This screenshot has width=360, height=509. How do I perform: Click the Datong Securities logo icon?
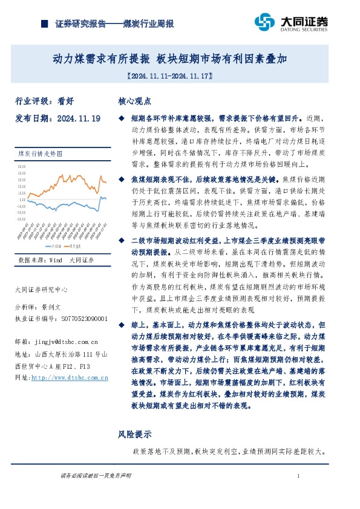[265, 22]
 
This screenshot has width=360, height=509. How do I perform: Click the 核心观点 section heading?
[133, 102]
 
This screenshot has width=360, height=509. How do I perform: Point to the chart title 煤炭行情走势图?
[38, 155]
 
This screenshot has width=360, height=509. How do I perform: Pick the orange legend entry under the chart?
[73, 245]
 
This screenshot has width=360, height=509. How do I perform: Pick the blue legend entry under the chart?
[51, 245]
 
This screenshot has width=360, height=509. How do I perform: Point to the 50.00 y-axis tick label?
[22, 166]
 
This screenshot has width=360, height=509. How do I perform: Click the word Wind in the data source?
[56, 260]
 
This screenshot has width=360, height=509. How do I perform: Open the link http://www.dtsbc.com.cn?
[69, 377]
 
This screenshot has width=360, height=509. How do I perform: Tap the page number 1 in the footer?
[298, 477]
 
